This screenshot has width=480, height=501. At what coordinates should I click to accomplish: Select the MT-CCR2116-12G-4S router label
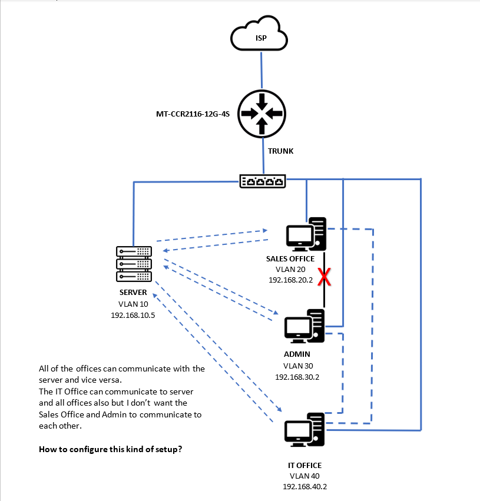tap(192, 112)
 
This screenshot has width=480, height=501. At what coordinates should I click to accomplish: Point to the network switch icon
tap(263, 181)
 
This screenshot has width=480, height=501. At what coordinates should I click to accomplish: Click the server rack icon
tap(134, 263)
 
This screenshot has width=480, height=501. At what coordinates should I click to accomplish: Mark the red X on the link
tap(323, 277)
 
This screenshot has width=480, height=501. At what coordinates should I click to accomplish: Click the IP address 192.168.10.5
tap(133, 315)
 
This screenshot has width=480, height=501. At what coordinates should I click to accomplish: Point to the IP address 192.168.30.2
tap(297, 376)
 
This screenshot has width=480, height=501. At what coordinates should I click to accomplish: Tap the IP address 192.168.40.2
tap(306, 486)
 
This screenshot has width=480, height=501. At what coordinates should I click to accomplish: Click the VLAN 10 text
tap(133, 304)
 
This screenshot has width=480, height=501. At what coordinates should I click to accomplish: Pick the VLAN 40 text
tap(306, 476)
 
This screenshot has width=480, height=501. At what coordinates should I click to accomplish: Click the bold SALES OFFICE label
tap(290, 258)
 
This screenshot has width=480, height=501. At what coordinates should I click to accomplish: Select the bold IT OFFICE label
tap(306, 465)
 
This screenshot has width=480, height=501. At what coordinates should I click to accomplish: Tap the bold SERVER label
tap(133, 293)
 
